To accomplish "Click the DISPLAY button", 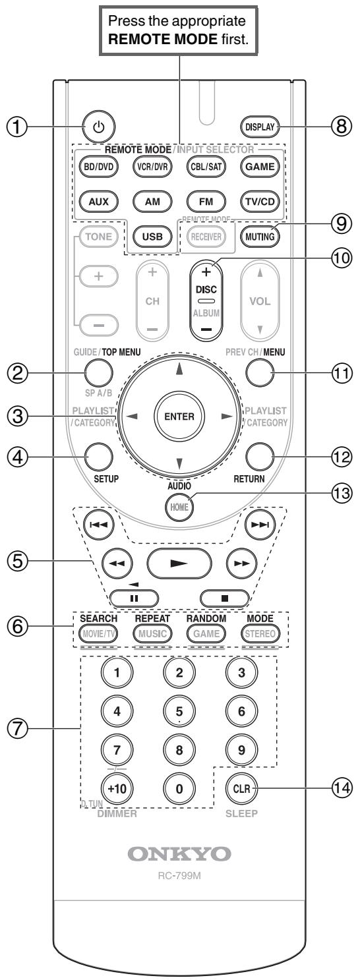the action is click(x=260, y=127).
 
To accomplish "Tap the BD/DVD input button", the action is click(x=99, y=167).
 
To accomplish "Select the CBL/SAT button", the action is click(x=206, y=167).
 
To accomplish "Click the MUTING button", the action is click(x=260, y=237).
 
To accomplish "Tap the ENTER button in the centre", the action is click(x=179, y=416).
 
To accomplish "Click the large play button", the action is click(x=179, y=563).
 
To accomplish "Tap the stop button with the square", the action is click(x=225, y=598).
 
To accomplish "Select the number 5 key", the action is click(x=179, y=711).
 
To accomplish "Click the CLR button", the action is click(x=241, y=788).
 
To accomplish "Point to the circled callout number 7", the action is click(x=18, y=728).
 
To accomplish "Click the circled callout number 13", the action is click(x=342, y=493).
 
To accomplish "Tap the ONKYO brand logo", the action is click(x=179, y=853).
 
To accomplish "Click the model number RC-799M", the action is click(x=179, y=876).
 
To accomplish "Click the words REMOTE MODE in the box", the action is click(x=162, y=40).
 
